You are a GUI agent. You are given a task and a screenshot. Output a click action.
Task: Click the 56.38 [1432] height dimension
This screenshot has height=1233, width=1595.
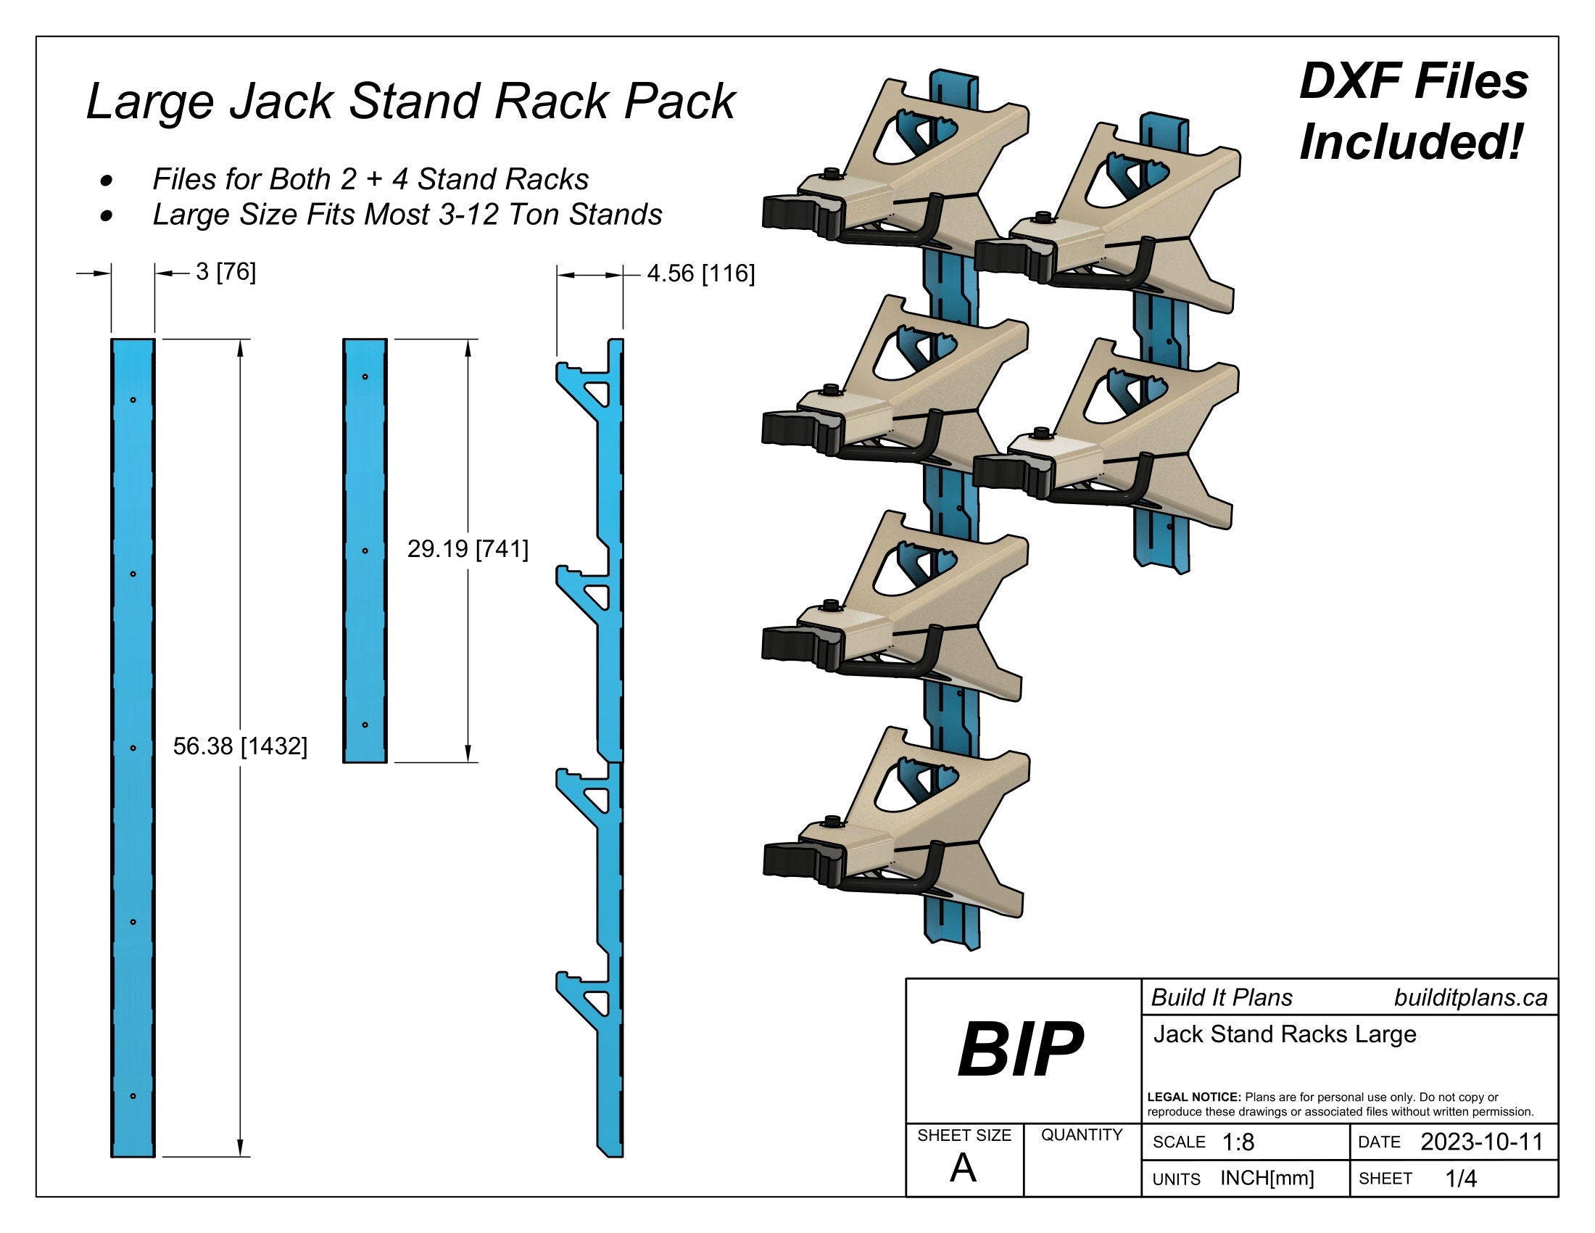point(239,746)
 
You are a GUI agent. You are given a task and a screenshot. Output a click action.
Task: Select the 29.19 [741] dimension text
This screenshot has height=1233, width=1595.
point(468,548)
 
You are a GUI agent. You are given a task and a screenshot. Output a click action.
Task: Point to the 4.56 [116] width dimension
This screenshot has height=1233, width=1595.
point(700,273)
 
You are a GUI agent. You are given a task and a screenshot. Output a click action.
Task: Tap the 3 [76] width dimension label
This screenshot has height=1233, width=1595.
point(225,272)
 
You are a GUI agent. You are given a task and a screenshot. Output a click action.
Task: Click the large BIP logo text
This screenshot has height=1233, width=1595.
point(1020,1050)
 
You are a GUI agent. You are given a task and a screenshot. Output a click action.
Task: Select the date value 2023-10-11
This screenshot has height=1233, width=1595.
point(1481,1142)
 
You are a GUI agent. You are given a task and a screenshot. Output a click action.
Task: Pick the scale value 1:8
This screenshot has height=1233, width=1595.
point(1238,1142)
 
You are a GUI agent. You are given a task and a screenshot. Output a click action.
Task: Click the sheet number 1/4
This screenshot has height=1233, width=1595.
point(1461,1178)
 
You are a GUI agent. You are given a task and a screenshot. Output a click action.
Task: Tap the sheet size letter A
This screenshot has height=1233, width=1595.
point(963,1169)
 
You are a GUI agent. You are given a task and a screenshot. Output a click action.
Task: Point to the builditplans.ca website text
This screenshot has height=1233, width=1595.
point(1470,998)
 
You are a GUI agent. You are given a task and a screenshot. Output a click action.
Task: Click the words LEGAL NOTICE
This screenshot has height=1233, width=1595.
point(1194,1097)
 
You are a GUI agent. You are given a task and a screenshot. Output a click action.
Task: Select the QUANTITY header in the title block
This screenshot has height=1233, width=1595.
point(1082,1135)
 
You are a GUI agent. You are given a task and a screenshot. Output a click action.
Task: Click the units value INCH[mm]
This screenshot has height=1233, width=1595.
point(1267,1178)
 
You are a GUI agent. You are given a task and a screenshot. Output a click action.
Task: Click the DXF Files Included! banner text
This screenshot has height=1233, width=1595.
point(1413,111)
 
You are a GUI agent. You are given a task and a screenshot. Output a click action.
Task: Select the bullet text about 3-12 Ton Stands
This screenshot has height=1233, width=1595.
point(407,215)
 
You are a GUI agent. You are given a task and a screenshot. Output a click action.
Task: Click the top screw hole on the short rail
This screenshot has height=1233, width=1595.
point(365,377)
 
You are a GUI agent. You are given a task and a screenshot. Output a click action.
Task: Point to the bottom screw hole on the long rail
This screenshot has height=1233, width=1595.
point(133,1096)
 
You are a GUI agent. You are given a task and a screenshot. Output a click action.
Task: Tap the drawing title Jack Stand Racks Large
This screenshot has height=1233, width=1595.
point(1285,1034)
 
